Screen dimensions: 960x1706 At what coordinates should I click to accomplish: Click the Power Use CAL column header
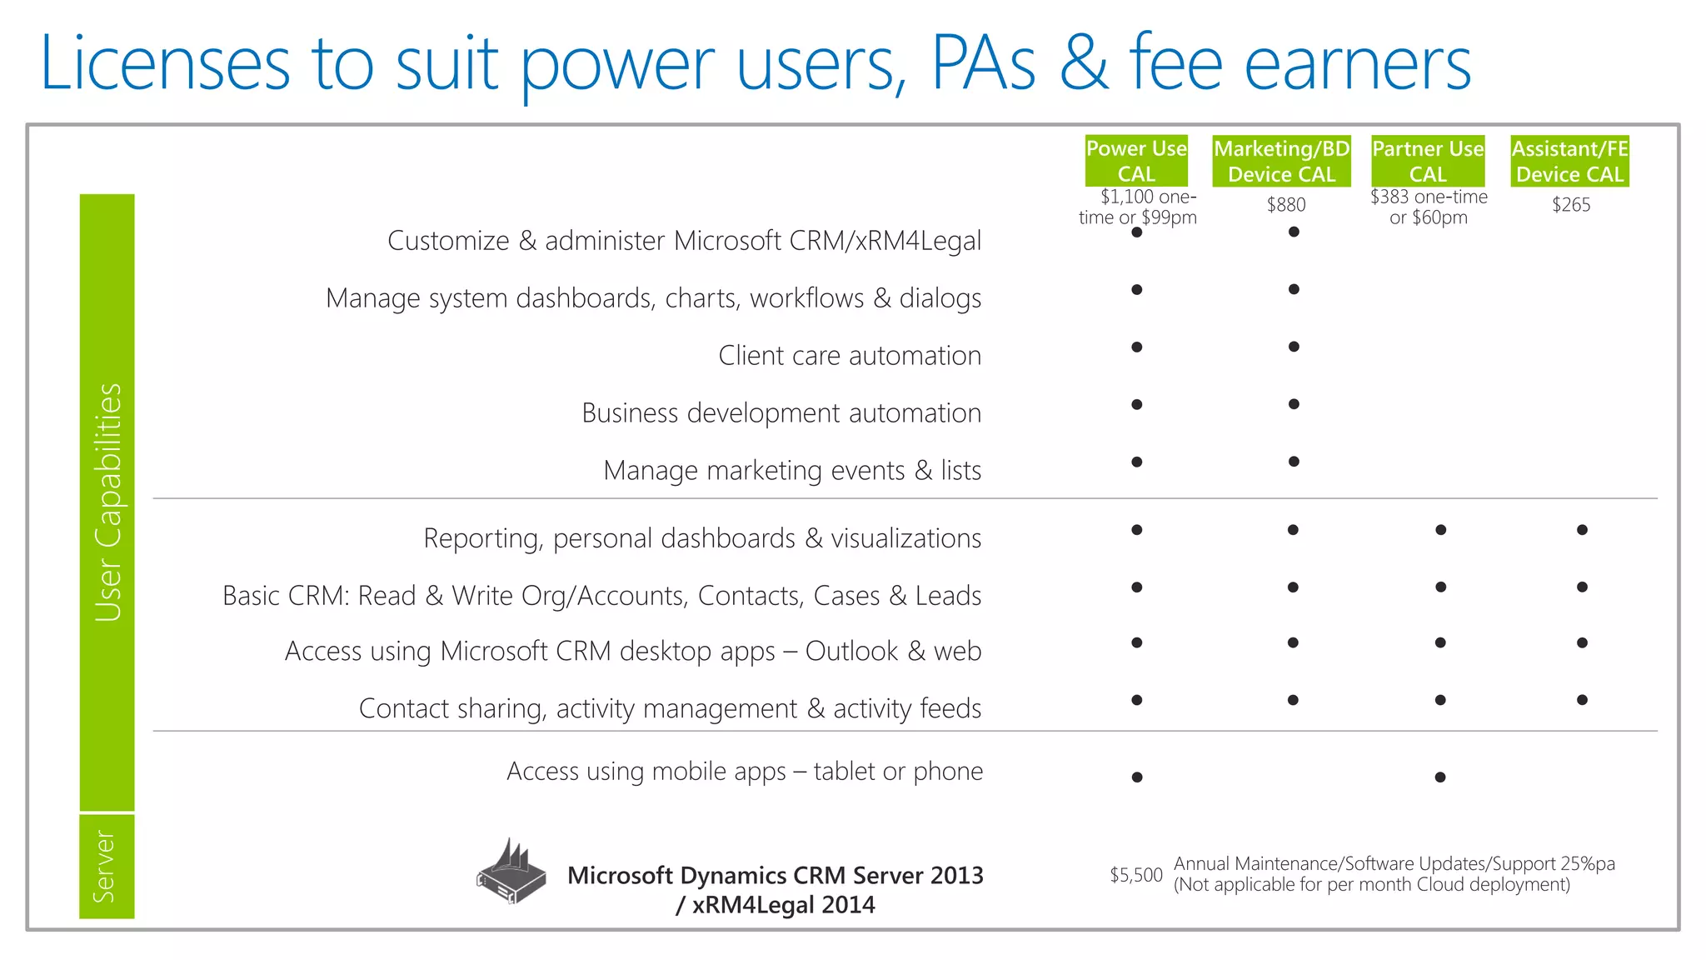pyautogui.click(x=1136, y=161)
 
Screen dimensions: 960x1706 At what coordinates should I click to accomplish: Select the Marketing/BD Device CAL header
pyautogui.click(x=1281, y=161)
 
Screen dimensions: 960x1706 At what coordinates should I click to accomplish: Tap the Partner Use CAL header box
pyautogui.click(x=1428, y=161)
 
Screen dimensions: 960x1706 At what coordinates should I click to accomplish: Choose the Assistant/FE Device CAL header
pyautogui.click(x=1569, y=161)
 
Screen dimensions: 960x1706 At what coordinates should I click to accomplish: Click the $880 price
pyautogui.click(x=1286, y=205)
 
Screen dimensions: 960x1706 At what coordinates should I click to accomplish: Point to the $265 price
pyautogui.click(x=1571, y=205)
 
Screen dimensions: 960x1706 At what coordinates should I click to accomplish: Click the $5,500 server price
pyautogui.click(x=1135, y=875)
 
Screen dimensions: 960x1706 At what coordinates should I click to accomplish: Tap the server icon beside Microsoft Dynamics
pyautogui.click(x=511, y=872)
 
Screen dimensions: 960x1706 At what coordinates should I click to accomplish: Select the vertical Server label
pyautogui.click(x=106, y=867)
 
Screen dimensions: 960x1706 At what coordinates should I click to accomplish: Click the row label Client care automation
pyautogui.click(x=850, y=356)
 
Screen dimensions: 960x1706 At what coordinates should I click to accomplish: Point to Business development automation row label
pyautogui.click(x=781, y=413)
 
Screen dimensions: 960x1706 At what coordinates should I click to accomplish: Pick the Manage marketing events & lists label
pyautogui.click(x=792, y=471)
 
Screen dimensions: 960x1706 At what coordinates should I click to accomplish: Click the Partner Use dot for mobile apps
pyautogui.click(x=1440, y=777)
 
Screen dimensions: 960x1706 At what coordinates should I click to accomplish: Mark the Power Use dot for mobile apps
pyautogui.click(x=1137, y=777)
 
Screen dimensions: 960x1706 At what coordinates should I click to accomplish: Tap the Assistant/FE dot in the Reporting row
pyautogui.click(x=1582, y=530)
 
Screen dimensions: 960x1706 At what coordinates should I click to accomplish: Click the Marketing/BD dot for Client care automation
pyautogui.click(x=1294, y=347)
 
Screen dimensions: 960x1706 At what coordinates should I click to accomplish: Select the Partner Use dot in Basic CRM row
pyautogui.click(x=1440, y=587)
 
